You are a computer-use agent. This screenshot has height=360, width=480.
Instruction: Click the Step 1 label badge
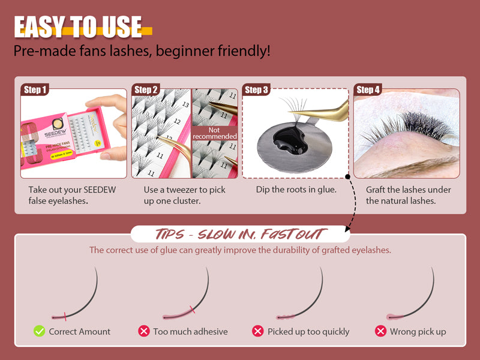(35, 90)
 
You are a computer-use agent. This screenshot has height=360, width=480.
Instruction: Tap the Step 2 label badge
(146, 90)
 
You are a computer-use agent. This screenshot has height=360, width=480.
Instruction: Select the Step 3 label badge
(257, 90)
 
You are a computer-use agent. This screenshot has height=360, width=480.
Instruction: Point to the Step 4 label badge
(368, 90)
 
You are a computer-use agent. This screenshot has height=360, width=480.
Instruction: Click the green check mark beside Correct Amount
(39, 331)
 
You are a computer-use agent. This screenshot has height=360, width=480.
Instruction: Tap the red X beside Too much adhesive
(144, 331)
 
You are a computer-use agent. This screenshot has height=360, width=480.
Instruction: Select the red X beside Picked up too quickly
(257, 331)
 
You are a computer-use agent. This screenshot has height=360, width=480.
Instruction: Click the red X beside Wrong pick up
(380, 331)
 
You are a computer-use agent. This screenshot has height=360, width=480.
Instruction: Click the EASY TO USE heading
(79, 27)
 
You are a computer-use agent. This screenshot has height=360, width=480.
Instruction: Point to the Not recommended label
(215, 133)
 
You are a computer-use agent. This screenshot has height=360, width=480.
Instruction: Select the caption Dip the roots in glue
(292, 190)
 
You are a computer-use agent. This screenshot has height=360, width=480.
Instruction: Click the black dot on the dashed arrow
(348, 177)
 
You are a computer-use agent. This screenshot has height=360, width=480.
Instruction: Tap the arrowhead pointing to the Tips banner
(348, 229)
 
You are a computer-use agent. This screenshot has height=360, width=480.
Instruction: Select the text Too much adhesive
(190, 331)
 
